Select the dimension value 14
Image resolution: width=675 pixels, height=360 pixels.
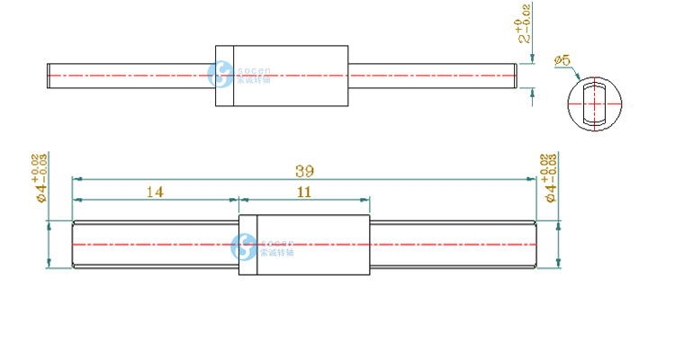[x=155, y=192]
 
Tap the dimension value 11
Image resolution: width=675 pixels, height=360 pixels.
[x=303, y=192]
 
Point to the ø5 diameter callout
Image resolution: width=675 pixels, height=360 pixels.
[x=564, y=61]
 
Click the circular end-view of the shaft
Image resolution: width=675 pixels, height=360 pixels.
[x=594, y=103]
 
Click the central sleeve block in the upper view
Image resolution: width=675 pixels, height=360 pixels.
[x=282, y=76]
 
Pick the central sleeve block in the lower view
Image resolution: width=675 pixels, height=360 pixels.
[x=304, y=245]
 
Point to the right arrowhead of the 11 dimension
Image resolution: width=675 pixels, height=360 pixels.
[x=365, y=200]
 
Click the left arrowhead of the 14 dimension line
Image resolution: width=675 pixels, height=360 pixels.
[x=76, y=200]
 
